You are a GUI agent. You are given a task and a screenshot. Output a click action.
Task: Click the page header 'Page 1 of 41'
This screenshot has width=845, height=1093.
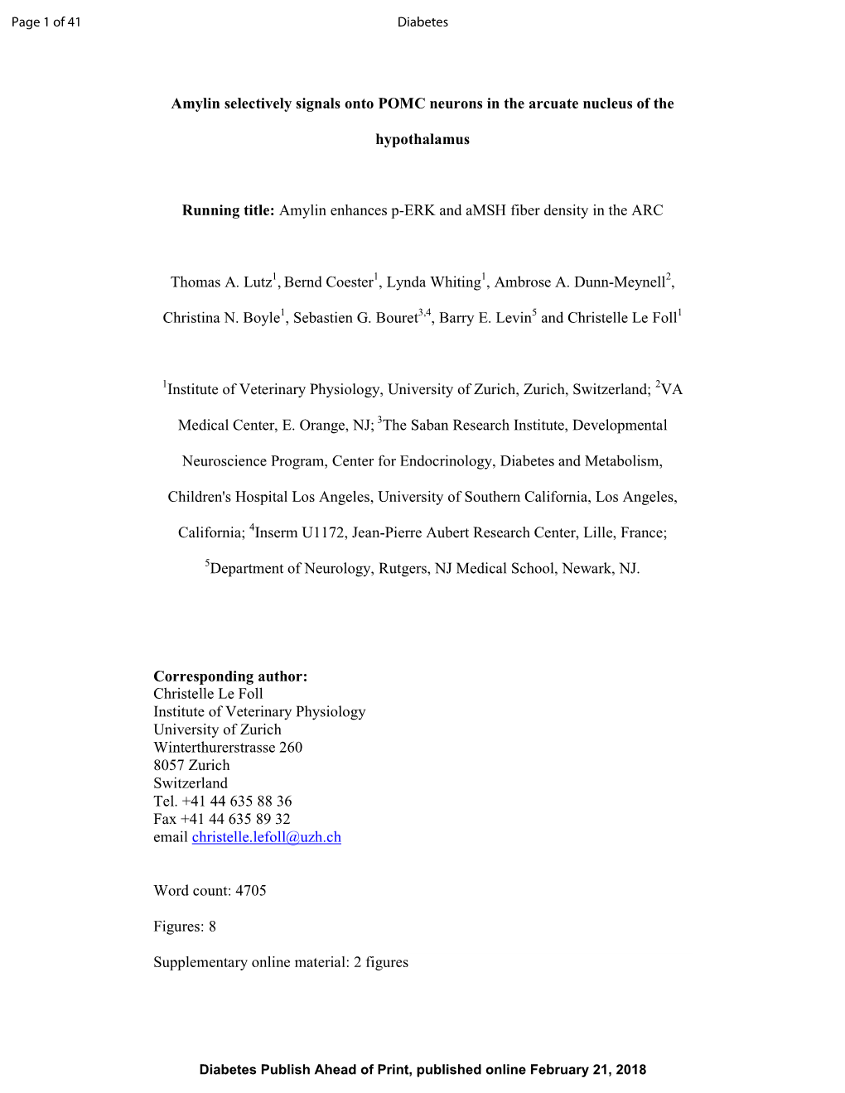point(46,22)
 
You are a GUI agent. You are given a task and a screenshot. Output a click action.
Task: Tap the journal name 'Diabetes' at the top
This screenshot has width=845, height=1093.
point(422,22)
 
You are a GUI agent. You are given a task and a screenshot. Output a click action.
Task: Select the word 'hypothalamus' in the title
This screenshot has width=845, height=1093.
point(422,140)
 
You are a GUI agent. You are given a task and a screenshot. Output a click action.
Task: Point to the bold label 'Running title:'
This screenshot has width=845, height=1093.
point(229,210)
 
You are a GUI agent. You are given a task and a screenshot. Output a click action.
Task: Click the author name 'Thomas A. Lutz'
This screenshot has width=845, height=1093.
point(221,282)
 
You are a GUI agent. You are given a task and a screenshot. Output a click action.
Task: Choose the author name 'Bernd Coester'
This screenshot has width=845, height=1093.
point(329,282)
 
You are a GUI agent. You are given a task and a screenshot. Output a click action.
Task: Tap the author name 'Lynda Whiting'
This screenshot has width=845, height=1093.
point(433,282)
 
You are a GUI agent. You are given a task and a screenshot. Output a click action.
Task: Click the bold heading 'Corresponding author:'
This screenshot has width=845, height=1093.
point(230,677)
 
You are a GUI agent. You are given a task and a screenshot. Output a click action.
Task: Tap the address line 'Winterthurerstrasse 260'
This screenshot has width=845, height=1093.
point(228,748)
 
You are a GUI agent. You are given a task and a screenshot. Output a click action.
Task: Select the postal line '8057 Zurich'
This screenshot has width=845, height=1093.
point(191,766)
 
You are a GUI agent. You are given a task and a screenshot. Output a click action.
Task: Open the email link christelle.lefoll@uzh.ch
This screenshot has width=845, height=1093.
point(266,837)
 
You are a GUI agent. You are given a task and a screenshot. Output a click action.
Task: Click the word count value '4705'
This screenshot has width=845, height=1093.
point(251,891)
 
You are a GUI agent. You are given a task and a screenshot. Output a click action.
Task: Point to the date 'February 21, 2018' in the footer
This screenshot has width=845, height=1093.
point(588,1070)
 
